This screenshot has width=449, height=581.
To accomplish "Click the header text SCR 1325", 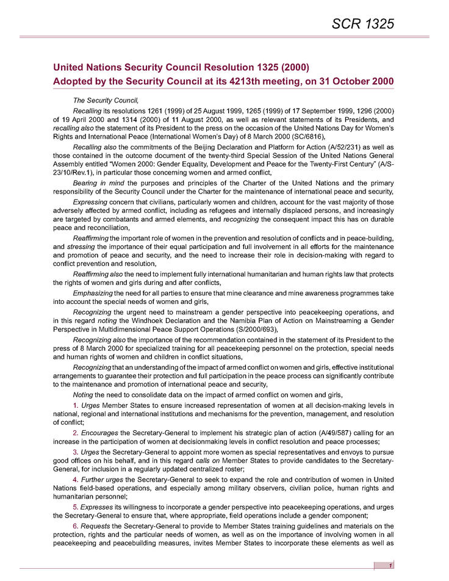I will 364,24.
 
